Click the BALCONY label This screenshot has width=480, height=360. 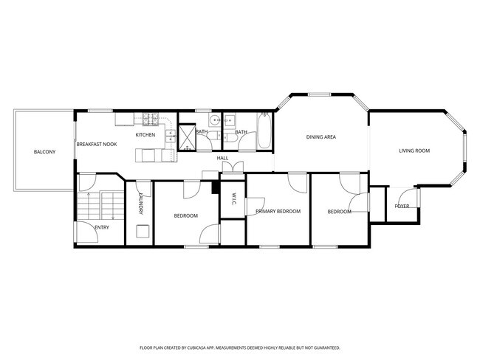[44, 152]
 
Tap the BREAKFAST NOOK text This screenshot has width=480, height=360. [96, 145]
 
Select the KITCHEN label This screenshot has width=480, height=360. [145, 135]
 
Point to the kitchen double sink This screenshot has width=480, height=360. [171, 135]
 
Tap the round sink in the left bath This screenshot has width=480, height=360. [213, 120]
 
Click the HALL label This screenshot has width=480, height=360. [222, 159]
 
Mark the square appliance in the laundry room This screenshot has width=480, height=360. [142, 232]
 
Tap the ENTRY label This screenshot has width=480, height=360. [102, 227]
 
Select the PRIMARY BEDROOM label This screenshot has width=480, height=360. [278, 212]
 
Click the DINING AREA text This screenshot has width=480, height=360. [321, 137]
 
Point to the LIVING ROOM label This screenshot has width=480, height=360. [414, 151]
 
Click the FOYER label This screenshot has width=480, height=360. [402, 207]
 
